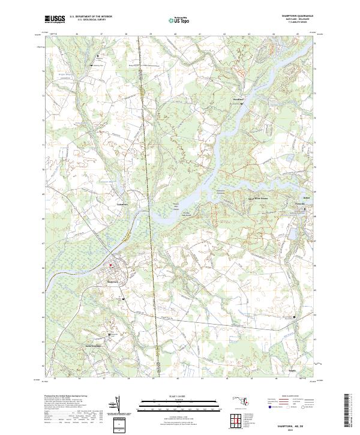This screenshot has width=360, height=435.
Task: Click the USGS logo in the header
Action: coord(55,19)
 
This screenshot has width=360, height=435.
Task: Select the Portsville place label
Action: coord(300,205)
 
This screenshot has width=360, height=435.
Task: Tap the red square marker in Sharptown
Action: coord(110,266)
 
